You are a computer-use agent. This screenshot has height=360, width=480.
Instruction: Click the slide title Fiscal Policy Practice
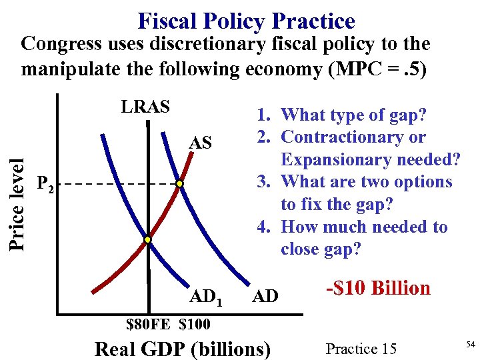coord(246,21)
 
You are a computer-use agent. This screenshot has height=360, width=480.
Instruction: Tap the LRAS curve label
coord(145,107)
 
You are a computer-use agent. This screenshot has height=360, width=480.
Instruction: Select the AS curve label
coord(201,143)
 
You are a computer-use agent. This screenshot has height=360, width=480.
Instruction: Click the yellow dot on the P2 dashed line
coord(179,183)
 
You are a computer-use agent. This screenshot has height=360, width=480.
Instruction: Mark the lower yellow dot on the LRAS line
coord(148,239)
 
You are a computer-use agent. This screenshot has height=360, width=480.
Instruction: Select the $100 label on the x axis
coord(194,325)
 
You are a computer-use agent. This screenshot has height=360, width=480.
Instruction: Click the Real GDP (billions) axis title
coord(183,349)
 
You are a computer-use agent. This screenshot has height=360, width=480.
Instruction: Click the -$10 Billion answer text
coord(378,288)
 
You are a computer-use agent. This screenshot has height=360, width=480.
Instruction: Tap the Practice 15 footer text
coord(361,348)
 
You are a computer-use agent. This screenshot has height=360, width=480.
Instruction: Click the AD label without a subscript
coord(265,295)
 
